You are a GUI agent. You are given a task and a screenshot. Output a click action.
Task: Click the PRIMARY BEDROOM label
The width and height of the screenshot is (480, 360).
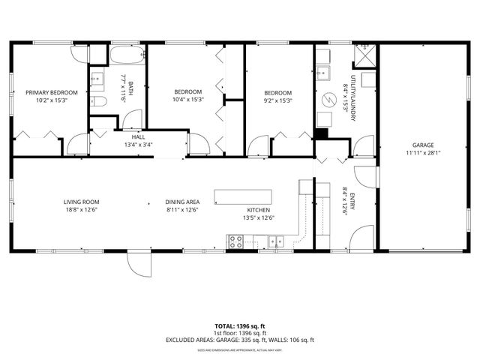pyautogui.click(x=52, y=93)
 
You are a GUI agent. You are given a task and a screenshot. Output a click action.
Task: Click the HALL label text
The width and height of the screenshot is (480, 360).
pyautogui.click(x=138, y=137)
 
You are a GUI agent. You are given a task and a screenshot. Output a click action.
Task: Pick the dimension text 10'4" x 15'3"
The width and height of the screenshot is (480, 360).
pyautogui.click(x=187, y=100)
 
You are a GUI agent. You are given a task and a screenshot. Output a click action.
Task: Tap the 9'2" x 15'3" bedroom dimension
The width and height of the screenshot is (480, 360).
pyautogui.click(x=277, y=100)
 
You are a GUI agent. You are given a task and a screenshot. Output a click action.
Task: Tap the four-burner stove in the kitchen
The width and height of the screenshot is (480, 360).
pyautogui.click(x=235, y=241)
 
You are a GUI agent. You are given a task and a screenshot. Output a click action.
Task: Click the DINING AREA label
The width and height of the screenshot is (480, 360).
pyautogui.click(x=182, y=202)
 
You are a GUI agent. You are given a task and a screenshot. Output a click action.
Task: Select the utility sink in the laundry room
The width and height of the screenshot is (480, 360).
pyautogui.click(x=324, y=73)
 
